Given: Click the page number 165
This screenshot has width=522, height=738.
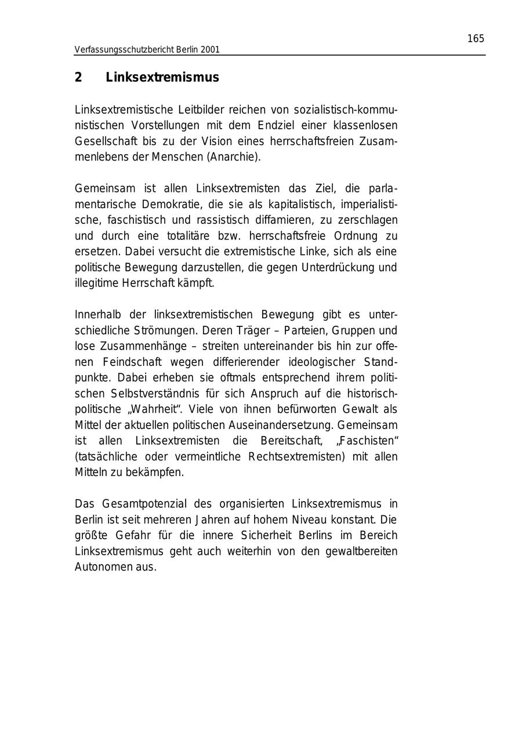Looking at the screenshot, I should click(x=475, y=39).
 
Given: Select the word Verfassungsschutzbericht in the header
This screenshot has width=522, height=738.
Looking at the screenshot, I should click(x=124, y=50).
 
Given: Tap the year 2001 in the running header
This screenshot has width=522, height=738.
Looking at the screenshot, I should click(x=210, y=50).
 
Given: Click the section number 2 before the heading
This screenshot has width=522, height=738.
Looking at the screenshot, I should click(x=78, y=78).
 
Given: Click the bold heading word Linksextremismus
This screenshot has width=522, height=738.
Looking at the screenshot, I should click(x=162, y=78).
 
